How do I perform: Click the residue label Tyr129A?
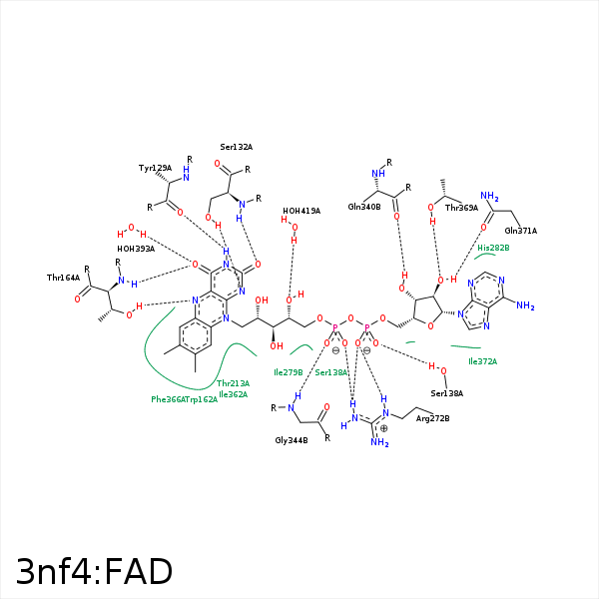(155, 169)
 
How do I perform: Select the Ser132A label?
(237, 147)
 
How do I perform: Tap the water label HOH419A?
(300, 211)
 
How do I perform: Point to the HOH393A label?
(136, 249)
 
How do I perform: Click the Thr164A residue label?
(63, 278)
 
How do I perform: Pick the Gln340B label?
(364, 207)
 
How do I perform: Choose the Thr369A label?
(461, 208)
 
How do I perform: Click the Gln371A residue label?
(520, 231)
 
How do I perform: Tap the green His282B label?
(493, 247)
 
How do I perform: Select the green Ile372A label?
(482, 361)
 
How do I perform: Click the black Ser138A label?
(447, 393)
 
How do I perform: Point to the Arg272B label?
(432, 418)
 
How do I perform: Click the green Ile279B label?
(288, 372)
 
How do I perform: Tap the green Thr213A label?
(233, 383)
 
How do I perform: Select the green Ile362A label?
(233, 394)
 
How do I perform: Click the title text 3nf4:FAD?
(94, 571)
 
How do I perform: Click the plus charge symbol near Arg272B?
(383, 428)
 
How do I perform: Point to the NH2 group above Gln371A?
(489, 197)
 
